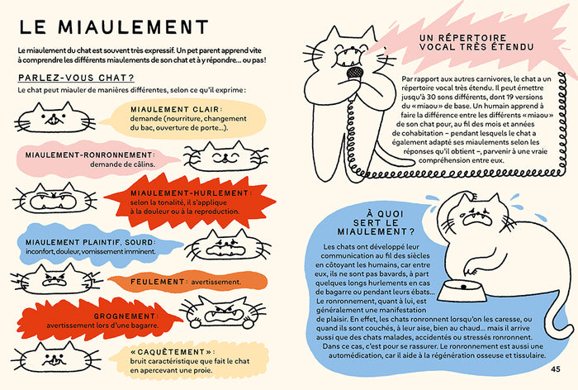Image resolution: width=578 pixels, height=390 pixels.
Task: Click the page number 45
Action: pyautogui.click(x=556, y=369)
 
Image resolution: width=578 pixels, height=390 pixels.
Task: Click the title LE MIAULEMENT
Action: pyautogui.click(x=114, y=27)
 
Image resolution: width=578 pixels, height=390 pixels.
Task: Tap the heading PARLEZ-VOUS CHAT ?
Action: pyautogui.click(x=76, y=78)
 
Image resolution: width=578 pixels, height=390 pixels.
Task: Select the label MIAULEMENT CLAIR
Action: pyautogui.click(x=175, y=110)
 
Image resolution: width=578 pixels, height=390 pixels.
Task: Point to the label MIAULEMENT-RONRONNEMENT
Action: pyautogui.click(x=90, y=155)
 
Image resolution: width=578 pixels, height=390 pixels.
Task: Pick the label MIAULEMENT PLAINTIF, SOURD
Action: pyautogui.click(x=91, y=242)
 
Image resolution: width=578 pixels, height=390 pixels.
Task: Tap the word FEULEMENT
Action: pyautogui.click(x=158, y=282)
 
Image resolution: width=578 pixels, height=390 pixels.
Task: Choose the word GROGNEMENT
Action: pyautogui.click(x=125, y=316)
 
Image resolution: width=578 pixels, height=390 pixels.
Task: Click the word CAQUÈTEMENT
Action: pyautogui.click(x=171, y=352)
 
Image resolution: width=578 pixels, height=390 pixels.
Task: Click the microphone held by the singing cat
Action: pyautogui.click(x=354, y=73)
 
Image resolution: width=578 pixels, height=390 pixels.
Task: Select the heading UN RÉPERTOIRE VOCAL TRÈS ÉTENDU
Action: pyautogui.click(x=476, y=42)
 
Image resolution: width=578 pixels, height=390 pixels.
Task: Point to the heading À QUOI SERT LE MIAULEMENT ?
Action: pyautogui.click(x=376, y=223)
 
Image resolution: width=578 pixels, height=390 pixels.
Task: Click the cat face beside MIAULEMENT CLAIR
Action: pyautogui.click(x=54, y=117)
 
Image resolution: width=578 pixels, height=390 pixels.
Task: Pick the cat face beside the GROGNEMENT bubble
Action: pyautogui.click(x=223, y=312)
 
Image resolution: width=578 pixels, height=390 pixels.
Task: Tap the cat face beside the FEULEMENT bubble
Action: pyautogui.click(x=56, y=279)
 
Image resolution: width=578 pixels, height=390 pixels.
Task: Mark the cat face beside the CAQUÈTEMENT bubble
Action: pyautogui.click(x=55, y=357)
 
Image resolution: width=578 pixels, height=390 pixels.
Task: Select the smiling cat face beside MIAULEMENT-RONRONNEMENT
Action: pyautogui.click(x=225, y=156)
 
